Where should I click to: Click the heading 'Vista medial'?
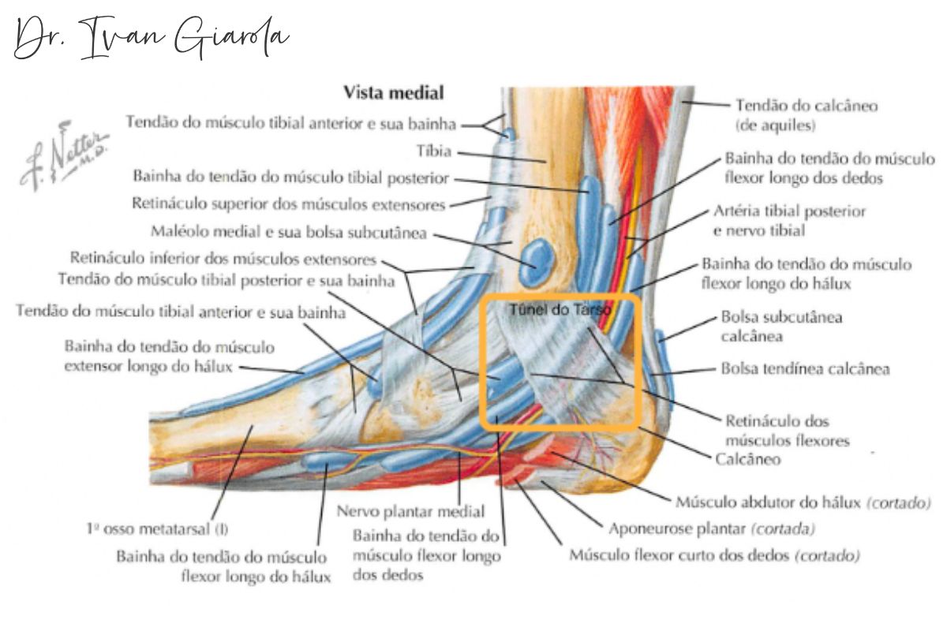[394, 93]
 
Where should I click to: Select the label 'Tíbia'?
[433, 151]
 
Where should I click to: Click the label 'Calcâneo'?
[748, 459]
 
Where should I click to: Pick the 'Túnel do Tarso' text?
[560, 310]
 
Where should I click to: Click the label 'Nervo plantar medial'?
[411, 511]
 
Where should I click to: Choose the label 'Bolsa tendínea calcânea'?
[805, 368]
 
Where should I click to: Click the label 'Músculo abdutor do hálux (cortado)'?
[803, 502]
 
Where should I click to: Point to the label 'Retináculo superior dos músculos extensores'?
[288, 204]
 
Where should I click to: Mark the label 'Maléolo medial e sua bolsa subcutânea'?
[287, 233]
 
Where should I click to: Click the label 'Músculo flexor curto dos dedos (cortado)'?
[714, 555]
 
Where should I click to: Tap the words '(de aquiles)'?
[775, 125]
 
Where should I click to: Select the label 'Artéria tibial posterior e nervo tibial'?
[789, 221]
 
